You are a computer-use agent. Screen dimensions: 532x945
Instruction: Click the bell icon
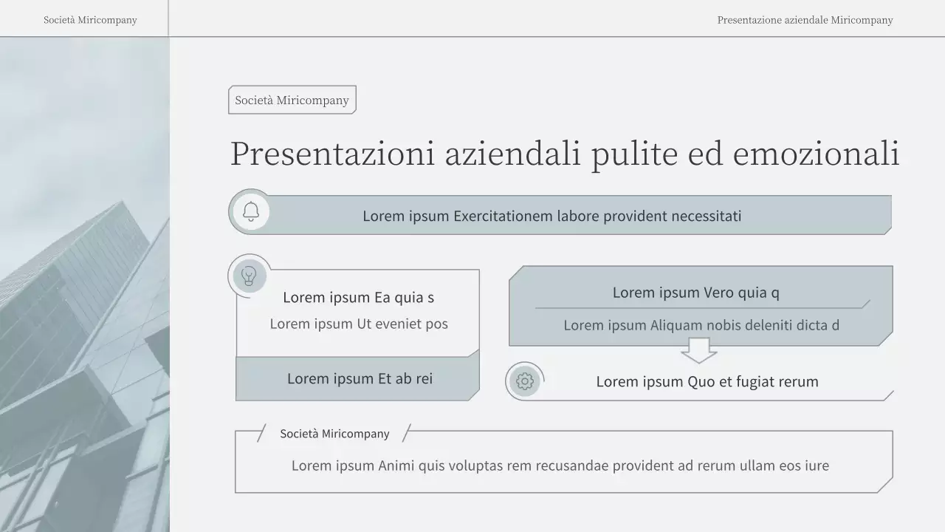251,212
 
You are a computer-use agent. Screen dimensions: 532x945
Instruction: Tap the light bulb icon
250,276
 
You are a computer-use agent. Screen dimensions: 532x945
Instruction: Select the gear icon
525,381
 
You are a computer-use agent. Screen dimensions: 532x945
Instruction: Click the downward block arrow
698,350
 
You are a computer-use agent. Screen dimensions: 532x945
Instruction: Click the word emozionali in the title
816,154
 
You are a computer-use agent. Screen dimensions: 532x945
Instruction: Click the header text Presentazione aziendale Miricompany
805,20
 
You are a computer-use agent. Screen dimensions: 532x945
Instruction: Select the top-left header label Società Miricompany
90,20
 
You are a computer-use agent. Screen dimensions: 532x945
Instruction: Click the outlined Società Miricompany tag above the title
292,100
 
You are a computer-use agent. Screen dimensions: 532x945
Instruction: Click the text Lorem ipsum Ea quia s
358,297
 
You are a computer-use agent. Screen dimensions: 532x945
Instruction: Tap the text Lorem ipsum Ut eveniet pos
358,324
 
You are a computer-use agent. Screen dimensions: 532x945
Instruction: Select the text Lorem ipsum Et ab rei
360,378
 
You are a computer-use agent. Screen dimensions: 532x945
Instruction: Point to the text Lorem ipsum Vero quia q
695,293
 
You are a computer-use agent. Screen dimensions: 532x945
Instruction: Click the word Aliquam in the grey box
676,325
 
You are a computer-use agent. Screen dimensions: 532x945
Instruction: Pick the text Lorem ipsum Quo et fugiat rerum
707,381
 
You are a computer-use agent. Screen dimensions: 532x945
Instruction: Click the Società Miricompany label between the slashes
334,434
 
